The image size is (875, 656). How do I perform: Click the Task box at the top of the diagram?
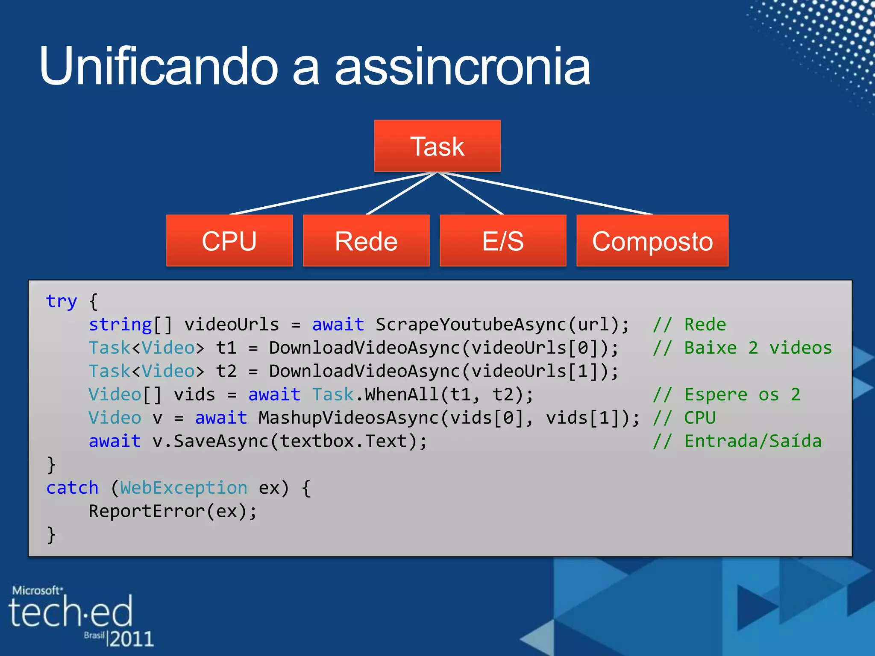click(x=437, y=146)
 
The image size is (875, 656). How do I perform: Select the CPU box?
click(x=229, y=241)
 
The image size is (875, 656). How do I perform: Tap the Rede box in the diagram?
click(x=366, y=241)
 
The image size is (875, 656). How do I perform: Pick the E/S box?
click(x=503, y=241)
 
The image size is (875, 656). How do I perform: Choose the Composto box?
click(x=652, y=241)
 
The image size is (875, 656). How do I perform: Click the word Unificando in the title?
click(x=158, y=66)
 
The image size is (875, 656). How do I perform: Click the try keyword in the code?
click(x=62, y=302)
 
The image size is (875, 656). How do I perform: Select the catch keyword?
click(x=72, y=488)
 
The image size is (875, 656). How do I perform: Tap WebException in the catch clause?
click(x=184, y=488)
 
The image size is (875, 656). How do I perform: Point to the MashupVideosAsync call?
click(x=348, y=418)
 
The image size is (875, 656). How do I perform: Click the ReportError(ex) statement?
click(x=173, y=511)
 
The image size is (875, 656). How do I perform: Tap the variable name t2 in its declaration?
click(x=226, y=371)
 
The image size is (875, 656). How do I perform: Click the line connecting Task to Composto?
click(x=547, y=193)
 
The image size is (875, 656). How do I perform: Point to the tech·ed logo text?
click(x=70, y=612)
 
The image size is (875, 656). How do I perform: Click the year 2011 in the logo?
click(x=131, y=639)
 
